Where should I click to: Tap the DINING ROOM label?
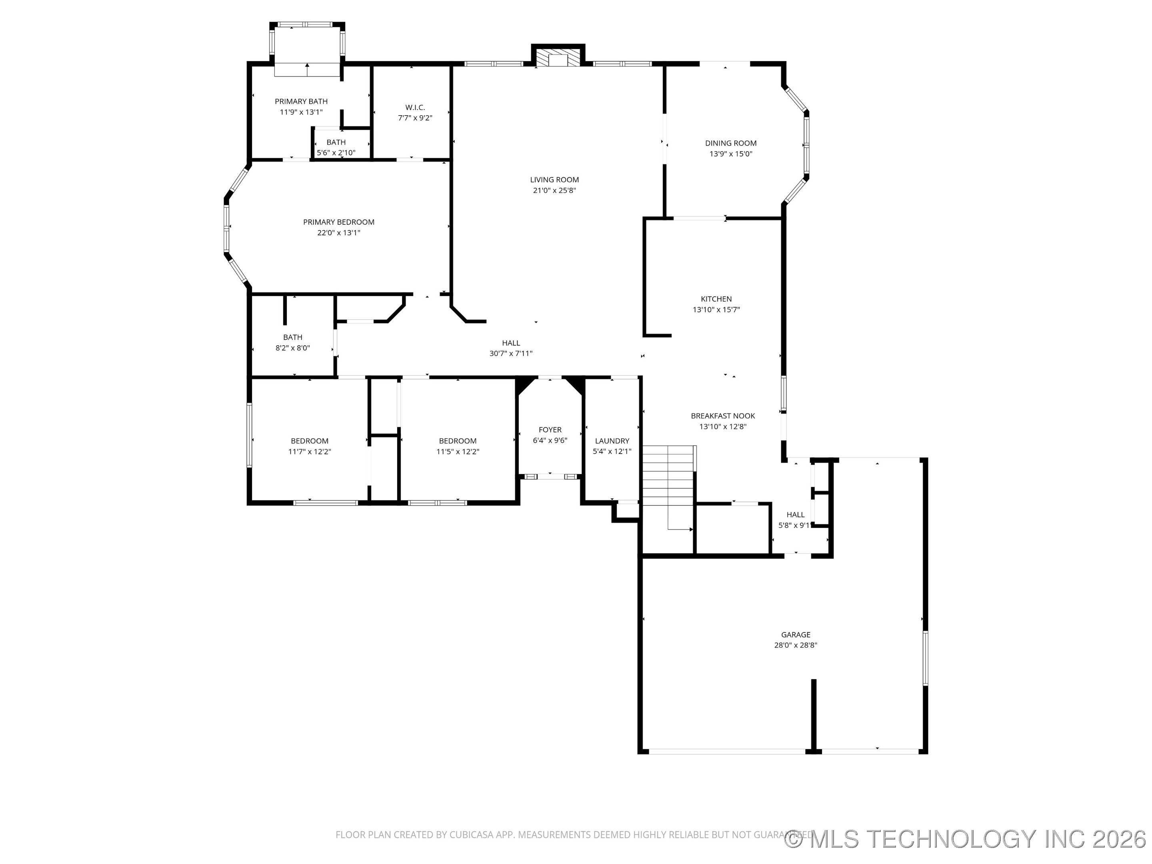pos(731,143)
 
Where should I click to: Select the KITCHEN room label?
pos(716,299)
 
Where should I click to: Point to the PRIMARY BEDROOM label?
pos(338,222)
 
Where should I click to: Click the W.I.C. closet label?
pos(415,107)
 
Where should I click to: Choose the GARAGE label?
pos(795,634)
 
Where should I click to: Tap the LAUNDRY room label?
pos(612,440)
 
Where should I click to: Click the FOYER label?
pos(550,430)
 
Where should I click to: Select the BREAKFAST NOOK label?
pos(723,416)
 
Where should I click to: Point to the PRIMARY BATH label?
pos(301,102)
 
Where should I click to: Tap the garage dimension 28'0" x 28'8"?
pos(795,645)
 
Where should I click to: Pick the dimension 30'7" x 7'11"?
pos(511,353)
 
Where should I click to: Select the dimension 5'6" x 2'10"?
pos(336,152)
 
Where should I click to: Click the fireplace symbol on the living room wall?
pos(558,58)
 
